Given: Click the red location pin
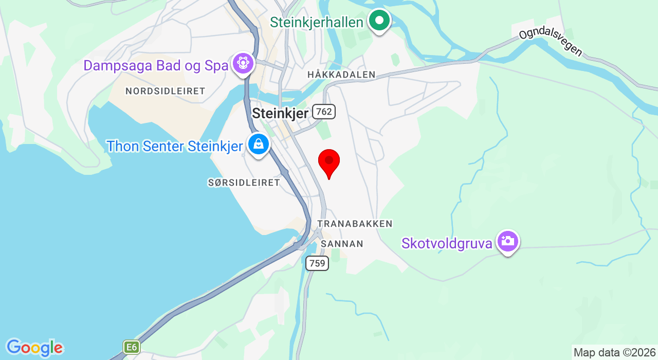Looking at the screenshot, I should (x=329, y=162).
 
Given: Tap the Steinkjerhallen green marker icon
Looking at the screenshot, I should (x=380, y=21).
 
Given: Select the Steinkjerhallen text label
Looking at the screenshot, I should (x=317, y=22).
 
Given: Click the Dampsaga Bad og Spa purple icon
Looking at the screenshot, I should (x=243, y=64).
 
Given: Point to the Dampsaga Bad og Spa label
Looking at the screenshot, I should (x=156, y=66).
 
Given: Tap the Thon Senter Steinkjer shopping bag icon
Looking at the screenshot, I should (x=258, y=145).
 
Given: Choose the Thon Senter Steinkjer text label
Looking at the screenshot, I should (x=174, y=146).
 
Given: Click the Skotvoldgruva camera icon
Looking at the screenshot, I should (x=507, y=241).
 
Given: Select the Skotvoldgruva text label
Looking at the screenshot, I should (x=447, y=243).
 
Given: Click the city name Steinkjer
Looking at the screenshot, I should (x=280, y=114).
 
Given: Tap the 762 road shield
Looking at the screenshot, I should (x=324, y=111).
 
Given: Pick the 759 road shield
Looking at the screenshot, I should (x=317, y=263).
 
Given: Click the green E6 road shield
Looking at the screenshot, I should (x=132, y=347).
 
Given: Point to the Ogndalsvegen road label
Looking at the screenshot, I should (x=551, y=42).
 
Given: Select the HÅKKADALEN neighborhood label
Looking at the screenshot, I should (x=341, y=75).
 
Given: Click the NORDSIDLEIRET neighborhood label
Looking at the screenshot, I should (x=165, y=91).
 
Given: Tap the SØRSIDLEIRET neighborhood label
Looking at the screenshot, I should (x=244, y=183).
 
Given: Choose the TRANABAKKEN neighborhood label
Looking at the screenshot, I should (x=355, y=224).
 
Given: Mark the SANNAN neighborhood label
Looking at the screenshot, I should (x=342, y=244).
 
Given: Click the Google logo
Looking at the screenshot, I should (x=34, y=348).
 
